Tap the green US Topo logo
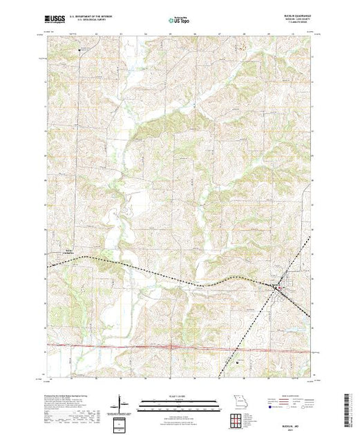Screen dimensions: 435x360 [x=180, y=21]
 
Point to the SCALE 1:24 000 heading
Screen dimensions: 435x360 [x=179, y=395]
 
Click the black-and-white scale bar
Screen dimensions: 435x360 [x=179, y=402]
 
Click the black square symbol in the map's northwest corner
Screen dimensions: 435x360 [x=79, y=49]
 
